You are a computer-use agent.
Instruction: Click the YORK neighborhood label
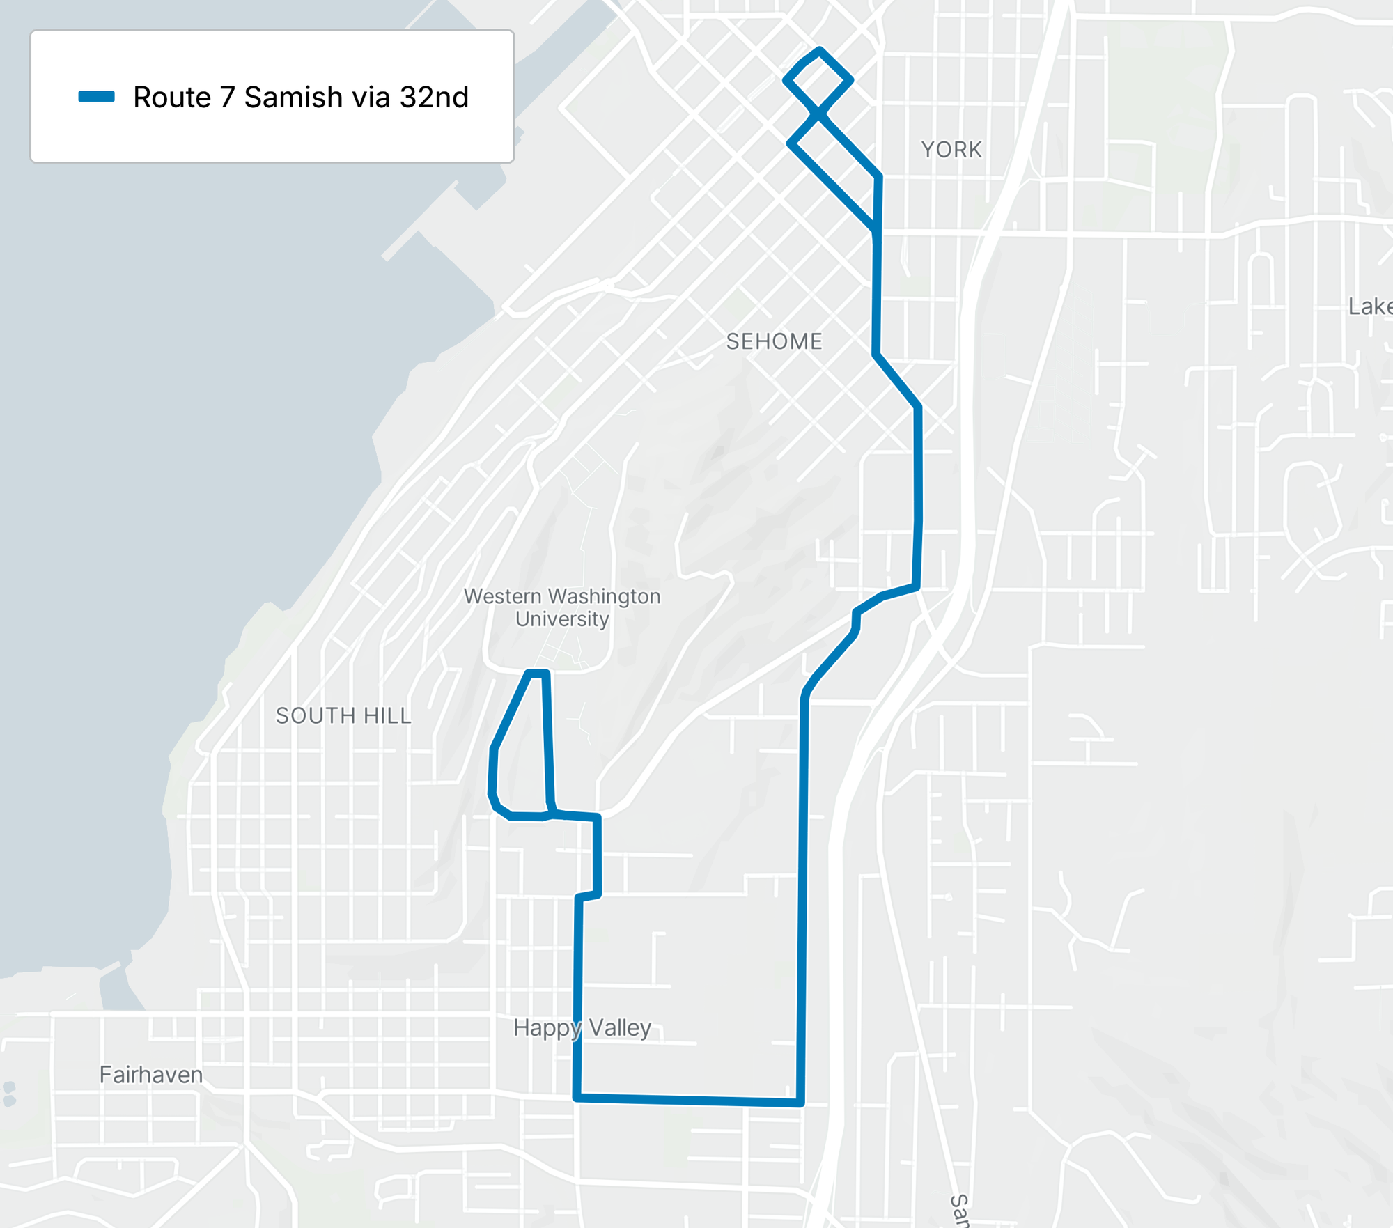[x=951, y=150]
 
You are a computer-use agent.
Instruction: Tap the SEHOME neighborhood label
[x=774, y=341]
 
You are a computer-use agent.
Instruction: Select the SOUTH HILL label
[x=343, y=715]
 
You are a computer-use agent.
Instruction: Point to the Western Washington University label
[x=562, y=607]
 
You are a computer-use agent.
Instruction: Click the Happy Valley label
[x=582, y=1027]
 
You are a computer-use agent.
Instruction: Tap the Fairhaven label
[x=151, y=1074]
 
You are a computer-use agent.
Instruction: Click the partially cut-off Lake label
[x=1370, y=306]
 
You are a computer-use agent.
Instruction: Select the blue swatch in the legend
[x=96, y=97]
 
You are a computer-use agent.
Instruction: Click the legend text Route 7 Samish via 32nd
[x=301, y=97]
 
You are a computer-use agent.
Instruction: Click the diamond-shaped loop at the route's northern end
[x=818, y=80]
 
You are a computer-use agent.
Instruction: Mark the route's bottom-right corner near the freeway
[x=801, y=1103]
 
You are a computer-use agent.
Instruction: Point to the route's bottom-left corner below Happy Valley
[x=577, y=1098]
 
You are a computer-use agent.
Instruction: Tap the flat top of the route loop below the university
[x=538, y=673]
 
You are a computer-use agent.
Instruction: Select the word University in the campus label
[x=562, y=619]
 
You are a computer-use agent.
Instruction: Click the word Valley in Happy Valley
[x=620, y=1027]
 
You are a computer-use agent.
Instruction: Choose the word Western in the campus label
[x=502, y=596]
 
